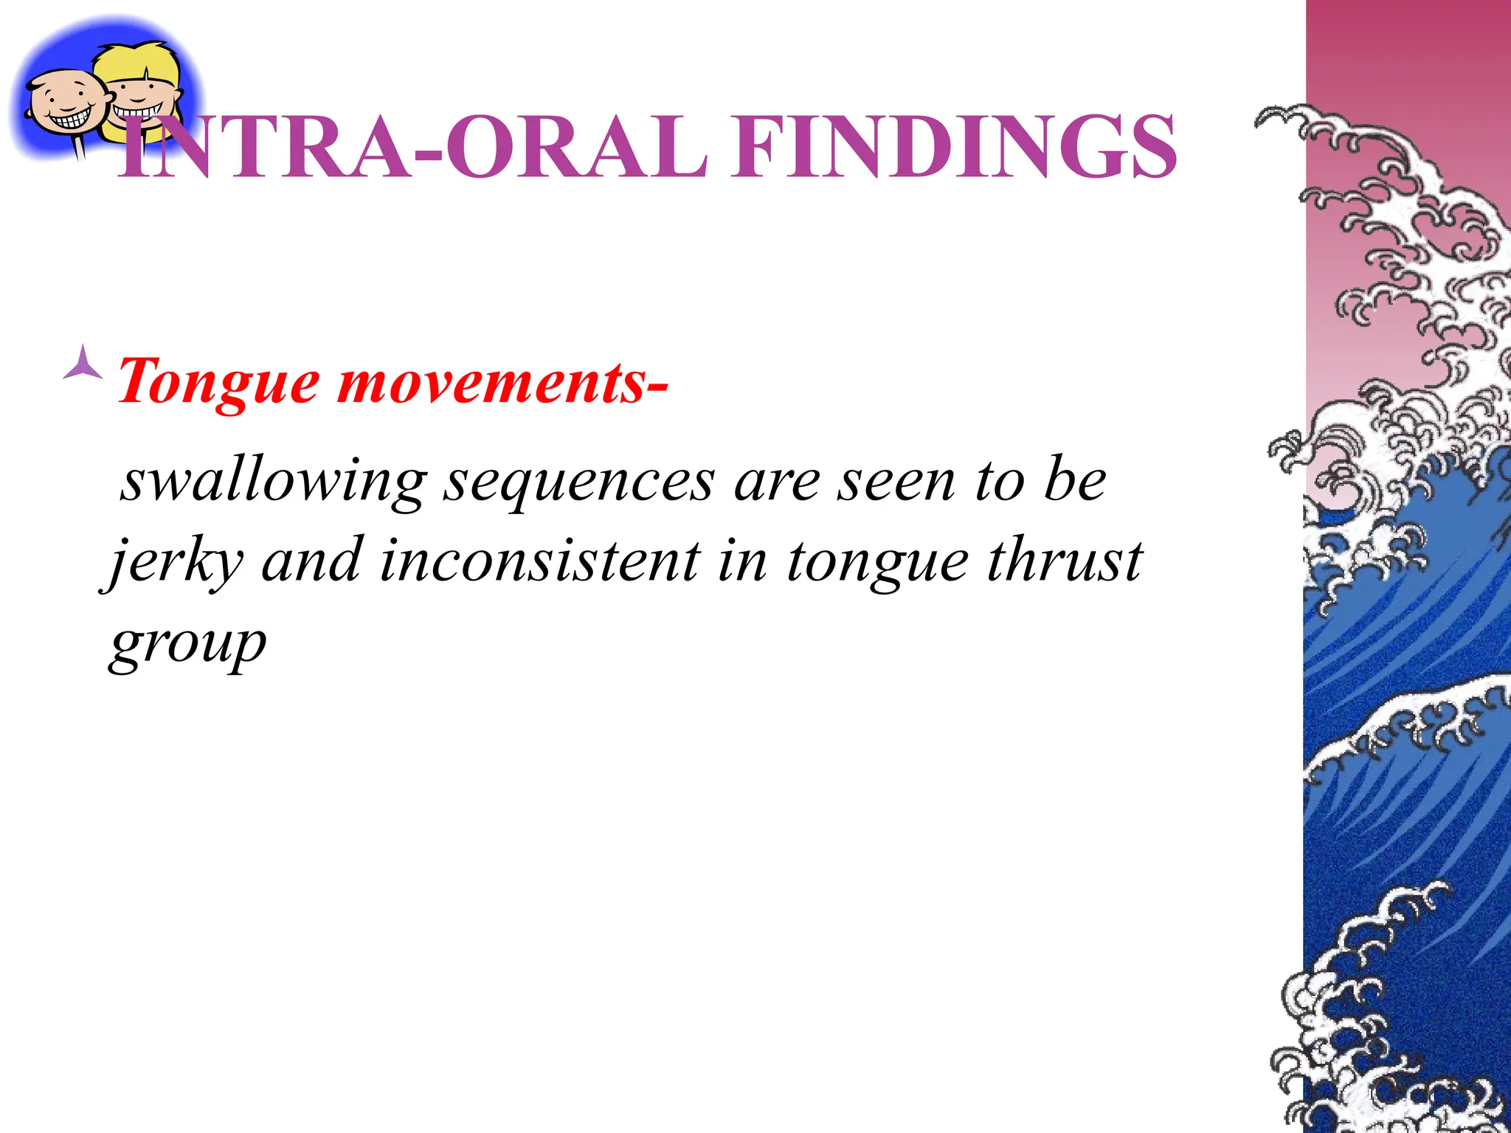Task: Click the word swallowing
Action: click(x=273, y=482)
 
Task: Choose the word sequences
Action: click(x=578, y=482)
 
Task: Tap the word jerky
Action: click(x=176, y=562)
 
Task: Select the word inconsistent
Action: click(x=539, y=562)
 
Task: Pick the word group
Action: click(x=187, y=643)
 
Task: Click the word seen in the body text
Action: click(x=896, y=482)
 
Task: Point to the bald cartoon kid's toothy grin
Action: click(x=69, y=118)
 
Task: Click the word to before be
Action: click(x=999, y=482)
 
